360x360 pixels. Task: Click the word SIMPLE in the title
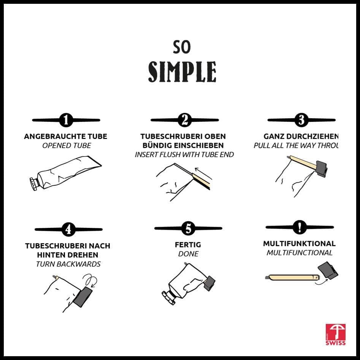coord(182,72)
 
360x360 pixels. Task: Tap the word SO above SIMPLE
coord(182,47)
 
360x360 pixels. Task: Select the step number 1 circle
coord(66,120)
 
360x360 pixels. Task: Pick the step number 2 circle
coord(185,120)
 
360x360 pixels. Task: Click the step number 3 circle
coord(301,120)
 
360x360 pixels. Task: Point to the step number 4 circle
coord(68,229)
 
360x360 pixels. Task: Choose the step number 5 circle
coord(188,229)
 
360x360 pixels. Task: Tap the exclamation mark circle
coord(300,227)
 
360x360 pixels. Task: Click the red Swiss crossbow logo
coord(335,334)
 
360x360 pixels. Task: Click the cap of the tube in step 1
coord(33,184)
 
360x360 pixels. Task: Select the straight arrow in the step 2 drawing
coord(203,173)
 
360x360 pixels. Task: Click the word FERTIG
coord(188,245)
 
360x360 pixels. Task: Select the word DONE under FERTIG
coord(188,254)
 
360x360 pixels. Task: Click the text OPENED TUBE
coord(67,145)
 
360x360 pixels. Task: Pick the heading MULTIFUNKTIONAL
coord(299,243)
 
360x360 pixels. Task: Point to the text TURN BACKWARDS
coord(68,264)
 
